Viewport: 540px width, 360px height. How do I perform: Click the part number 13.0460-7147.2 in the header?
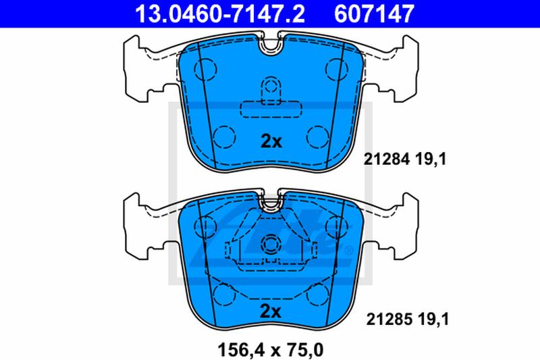[x=220, y=14]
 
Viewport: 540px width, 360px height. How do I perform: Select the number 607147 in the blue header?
[x=374, y=14]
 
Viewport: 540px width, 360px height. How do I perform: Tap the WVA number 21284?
[x=387, y=159]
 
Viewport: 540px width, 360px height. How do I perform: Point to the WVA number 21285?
[x=389, y=319]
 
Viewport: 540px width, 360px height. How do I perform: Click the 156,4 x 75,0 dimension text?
[x=271, y=350]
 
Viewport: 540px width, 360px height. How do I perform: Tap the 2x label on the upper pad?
[x=271, y=141]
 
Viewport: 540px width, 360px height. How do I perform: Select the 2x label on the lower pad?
[x=271, y=311]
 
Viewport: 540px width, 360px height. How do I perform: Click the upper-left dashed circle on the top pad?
[x=206, y=69]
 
